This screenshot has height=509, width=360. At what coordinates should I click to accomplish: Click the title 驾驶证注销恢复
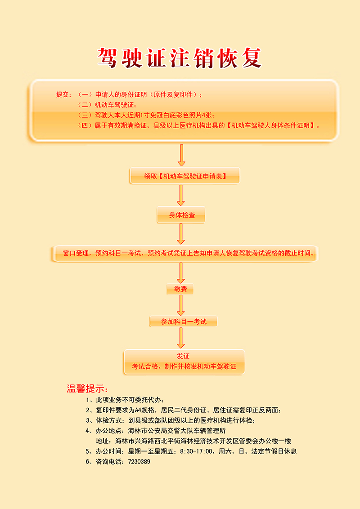[x=180, y=58]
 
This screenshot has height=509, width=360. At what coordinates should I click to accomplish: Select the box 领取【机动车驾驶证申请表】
[x=185, y=176]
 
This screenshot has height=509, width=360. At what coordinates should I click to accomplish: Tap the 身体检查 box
[x=181, y=215]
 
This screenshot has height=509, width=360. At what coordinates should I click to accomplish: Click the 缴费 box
[x=180, y=289]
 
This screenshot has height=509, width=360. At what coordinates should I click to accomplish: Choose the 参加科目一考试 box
[x=183, y=321]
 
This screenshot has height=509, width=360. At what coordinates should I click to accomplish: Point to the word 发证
[x=183, y=356]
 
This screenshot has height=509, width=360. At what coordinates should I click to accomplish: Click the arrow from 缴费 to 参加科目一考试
[x=180, y=305]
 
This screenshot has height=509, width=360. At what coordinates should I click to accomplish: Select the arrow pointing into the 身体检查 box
[x=180, y=196]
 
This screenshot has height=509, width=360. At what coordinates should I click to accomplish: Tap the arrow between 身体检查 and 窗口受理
[x=180, y=234]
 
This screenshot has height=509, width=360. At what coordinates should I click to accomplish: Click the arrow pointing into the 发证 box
[x=180, y=338]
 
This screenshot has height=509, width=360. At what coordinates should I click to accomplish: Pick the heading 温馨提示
[x=87, y=388]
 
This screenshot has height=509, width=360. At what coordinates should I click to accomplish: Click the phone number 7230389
[x=139, y=461]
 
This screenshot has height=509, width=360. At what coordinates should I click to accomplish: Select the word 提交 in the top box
[x=63, y=94]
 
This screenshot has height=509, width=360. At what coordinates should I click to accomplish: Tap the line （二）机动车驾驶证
[x=107, y=105]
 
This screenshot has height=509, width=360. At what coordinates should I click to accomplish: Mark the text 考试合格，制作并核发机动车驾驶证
[x=184, y=366]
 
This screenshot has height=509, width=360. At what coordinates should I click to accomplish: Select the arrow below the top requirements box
[x=181, y=155]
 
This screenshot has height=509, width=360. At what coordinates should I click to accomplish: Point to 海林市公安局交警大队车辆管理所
[x=177, y=431]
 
